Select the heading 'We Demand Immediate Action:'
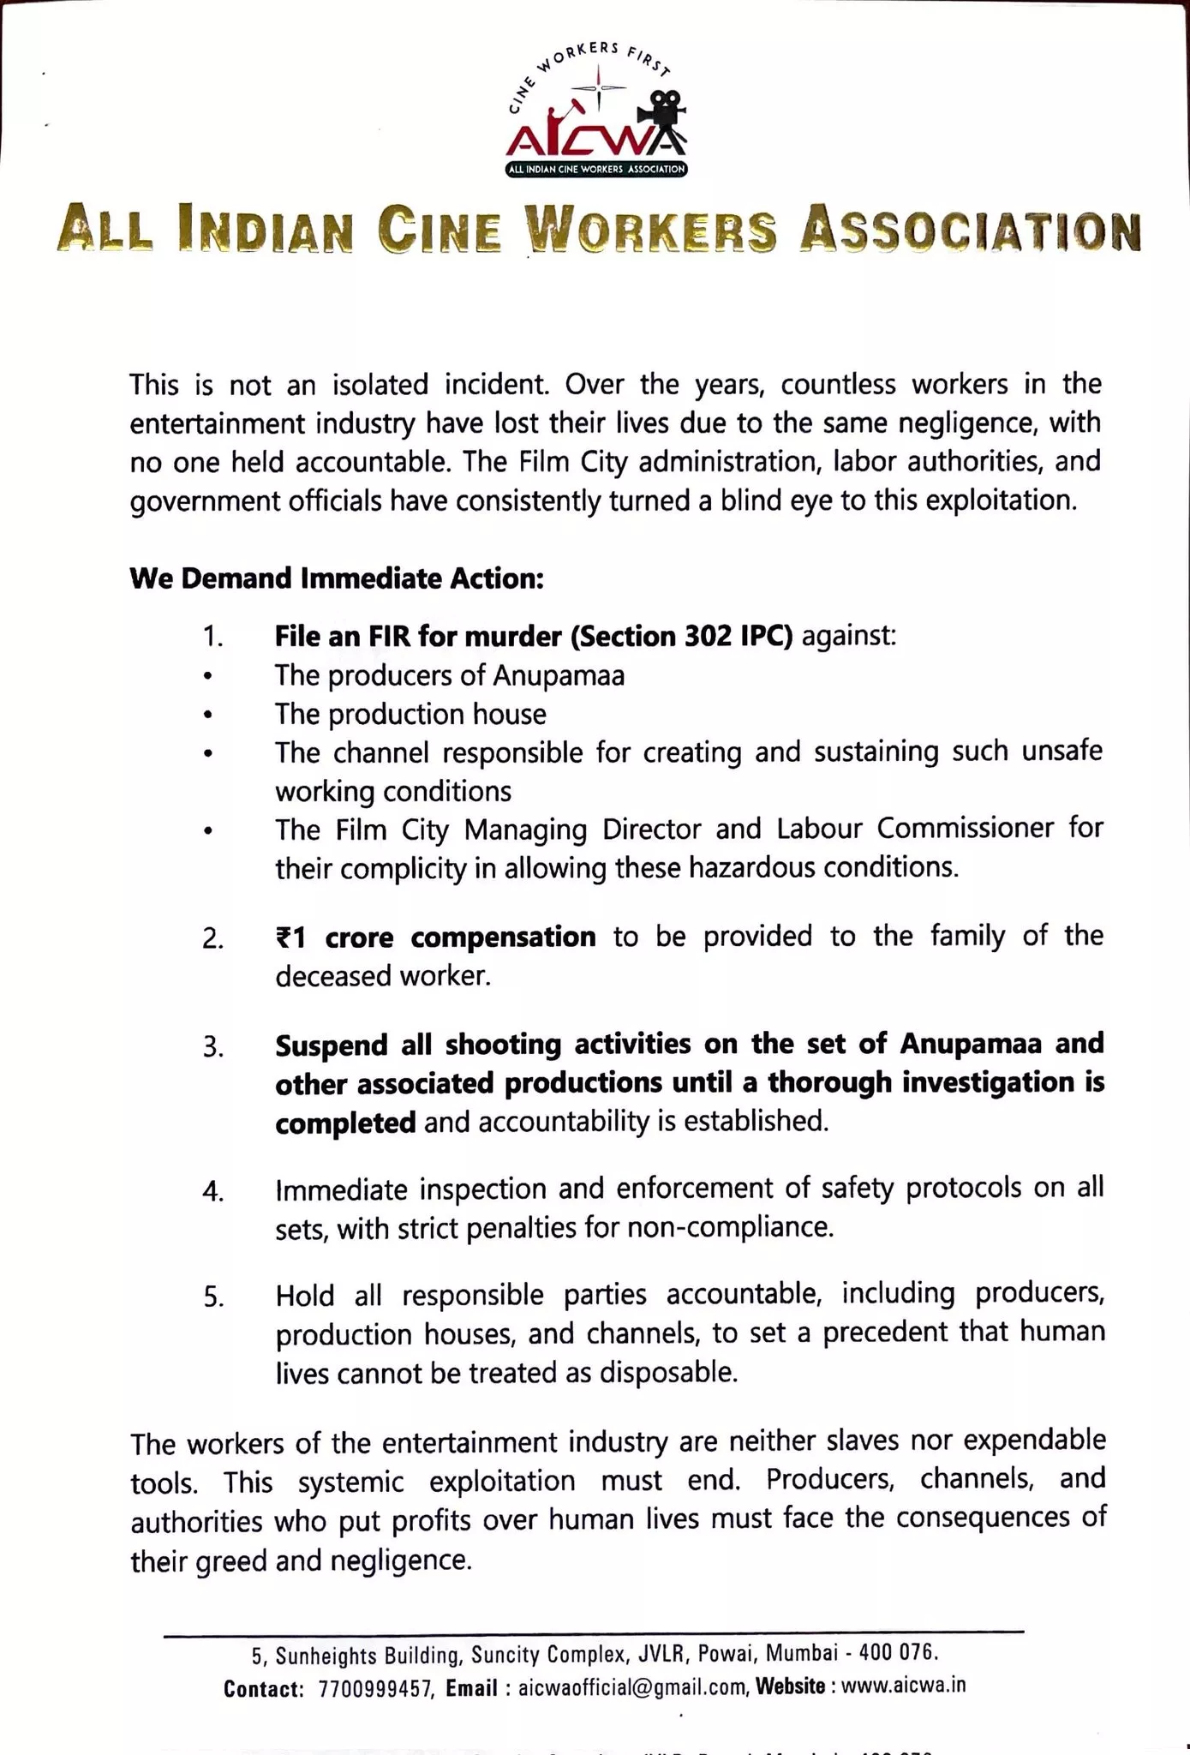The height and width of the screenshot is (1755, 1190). pyautogui.click(x=337, y=578)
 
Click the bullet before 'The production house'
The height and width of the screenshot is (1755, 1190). pyautogui.click(x=206, y=715)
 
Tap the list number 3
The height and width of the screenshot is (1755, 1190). pyautogui.click(x=213, y=1047)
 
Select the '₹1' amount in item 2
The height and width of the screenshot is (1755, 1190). pyautogui.click(x=290, y=937)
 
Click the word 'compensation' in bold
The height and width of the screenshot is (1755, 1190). pyautogui.click(x=503, y=937)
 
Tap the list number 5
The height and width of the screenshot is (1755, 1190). pyautogui.click(x=213, y=1297)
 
